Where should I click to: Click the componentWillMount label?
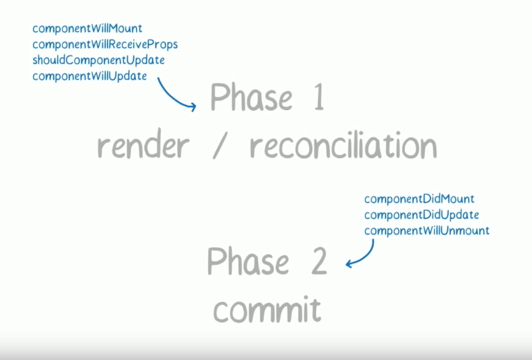[x=87, y=28]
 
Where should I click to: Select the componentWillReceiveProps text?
[x=105, y=44]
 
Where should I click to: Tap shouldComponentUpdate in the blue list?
[x=98, y=60]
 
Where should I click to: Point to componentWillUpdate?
[x=90, y=76]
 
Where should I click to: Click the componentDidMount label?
[x=419, y=199]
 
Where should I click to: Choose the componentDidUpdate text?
[x=421, y=215]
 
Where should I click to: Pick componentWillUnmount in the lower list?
[x=427, y=231]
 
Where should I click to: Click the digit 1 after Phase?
[x=318, y=98]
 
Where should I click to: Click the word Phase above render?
[x=251, y=98]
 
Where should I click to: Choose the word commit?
[x=268, y=310]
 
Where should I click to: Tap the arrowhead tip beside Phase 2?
[x=347, y=265]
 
